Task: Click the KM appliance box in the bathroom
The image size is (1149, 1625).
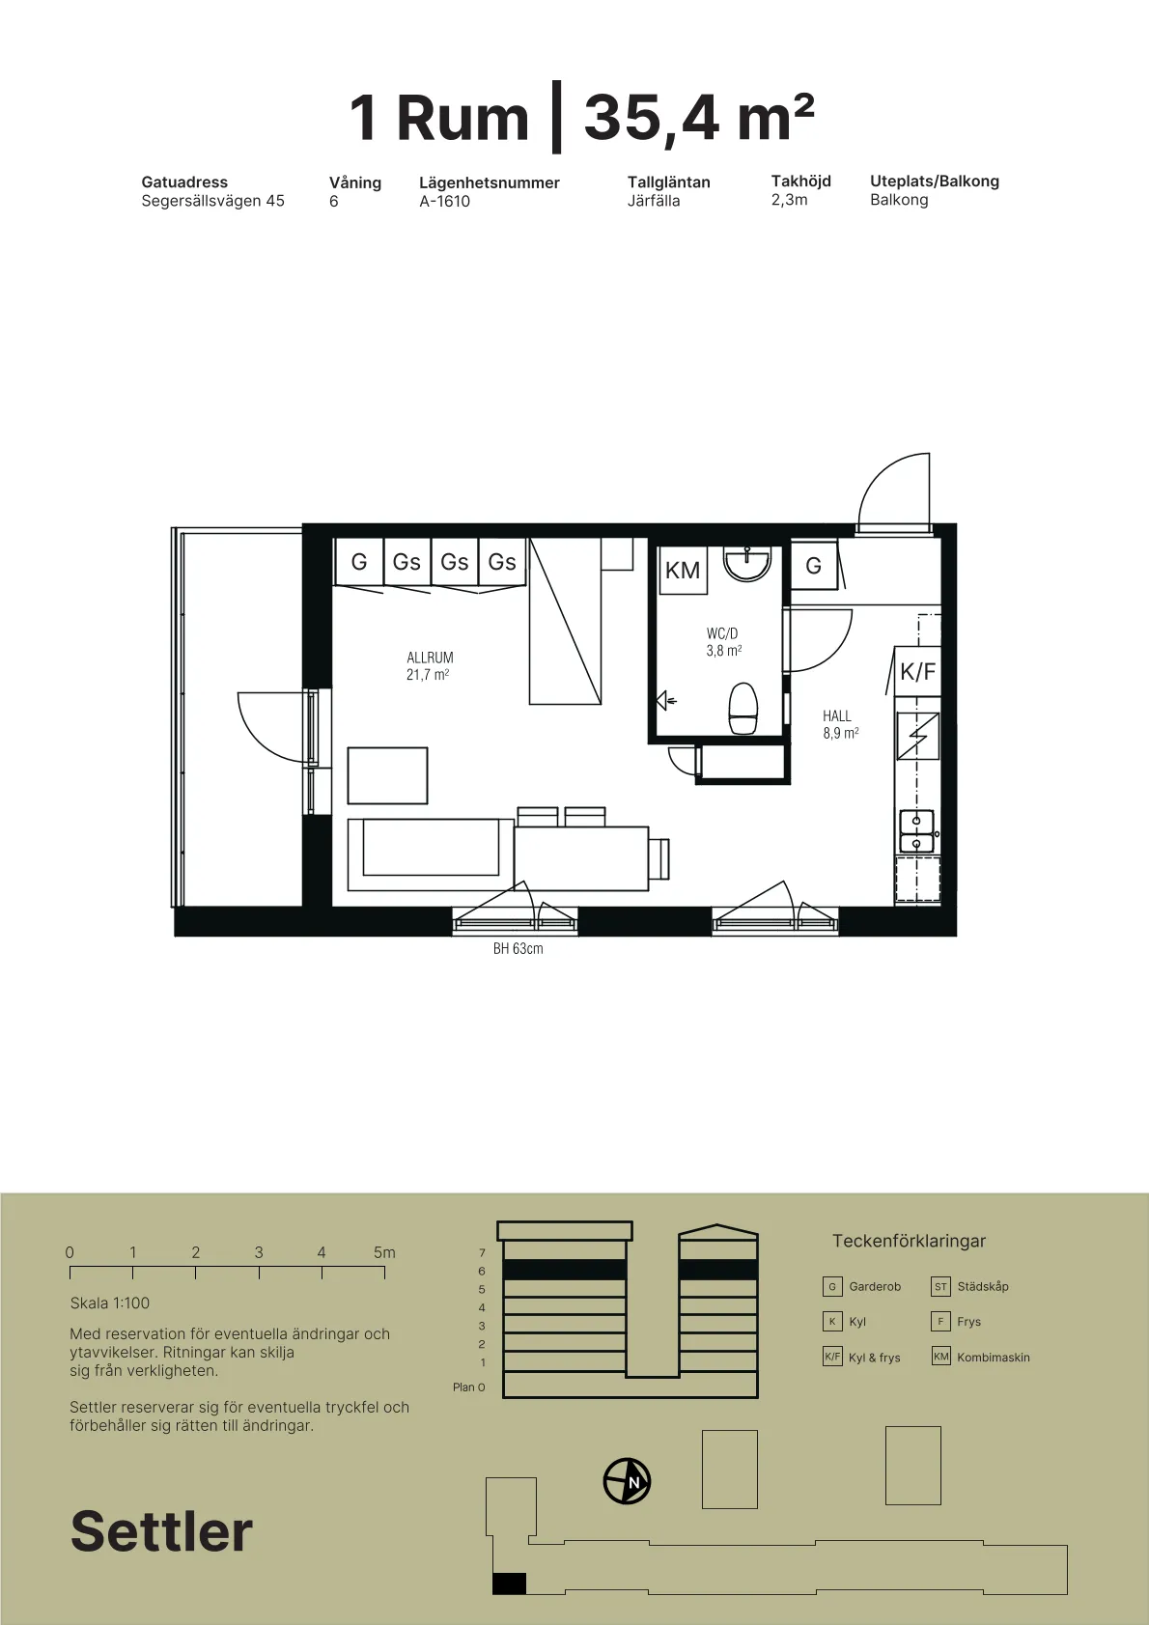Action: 683,571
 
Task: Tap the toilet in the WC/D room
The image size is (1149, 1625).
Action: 743,708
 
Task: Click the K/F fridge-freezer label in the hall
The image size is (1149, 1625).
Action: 917,671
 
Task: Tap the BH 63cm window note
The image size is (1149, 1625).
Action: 518,948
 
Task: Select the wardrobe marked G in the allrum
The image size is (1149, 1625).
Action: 359,562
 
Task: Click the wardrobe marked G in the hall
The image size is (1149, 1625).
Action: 814,565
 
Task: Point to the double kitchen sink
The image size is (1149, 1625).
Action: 917,830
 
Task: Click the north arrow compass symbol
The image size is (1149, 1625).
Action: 627,1481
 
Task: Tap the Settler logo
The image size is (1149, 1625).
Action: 162,1530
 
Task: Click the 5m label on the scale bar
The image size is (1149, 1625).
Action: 384,1252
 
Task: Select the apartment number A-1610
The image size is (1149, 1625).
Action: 445,202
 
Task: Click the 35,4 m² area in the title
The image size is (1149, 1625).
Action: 699,117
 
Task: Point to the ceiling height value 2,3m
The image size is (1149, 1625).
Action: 789,200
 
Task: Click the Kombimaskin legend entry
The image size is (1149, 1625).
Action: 981,1357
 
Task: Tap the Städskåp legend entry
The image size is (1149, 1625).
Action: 969,1286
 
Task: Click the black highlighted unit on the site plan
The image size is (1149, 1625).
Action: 509,1583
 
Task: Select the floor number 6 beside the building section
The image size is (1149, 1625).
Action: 482,1271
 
